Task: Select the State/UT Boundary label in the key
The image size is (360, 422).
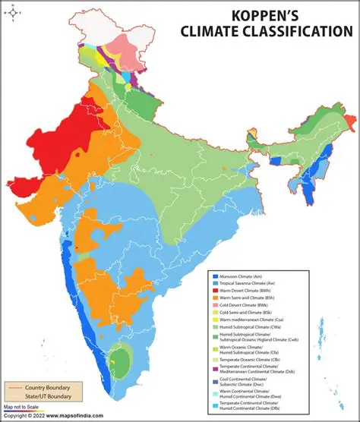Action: coord(49,397)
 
